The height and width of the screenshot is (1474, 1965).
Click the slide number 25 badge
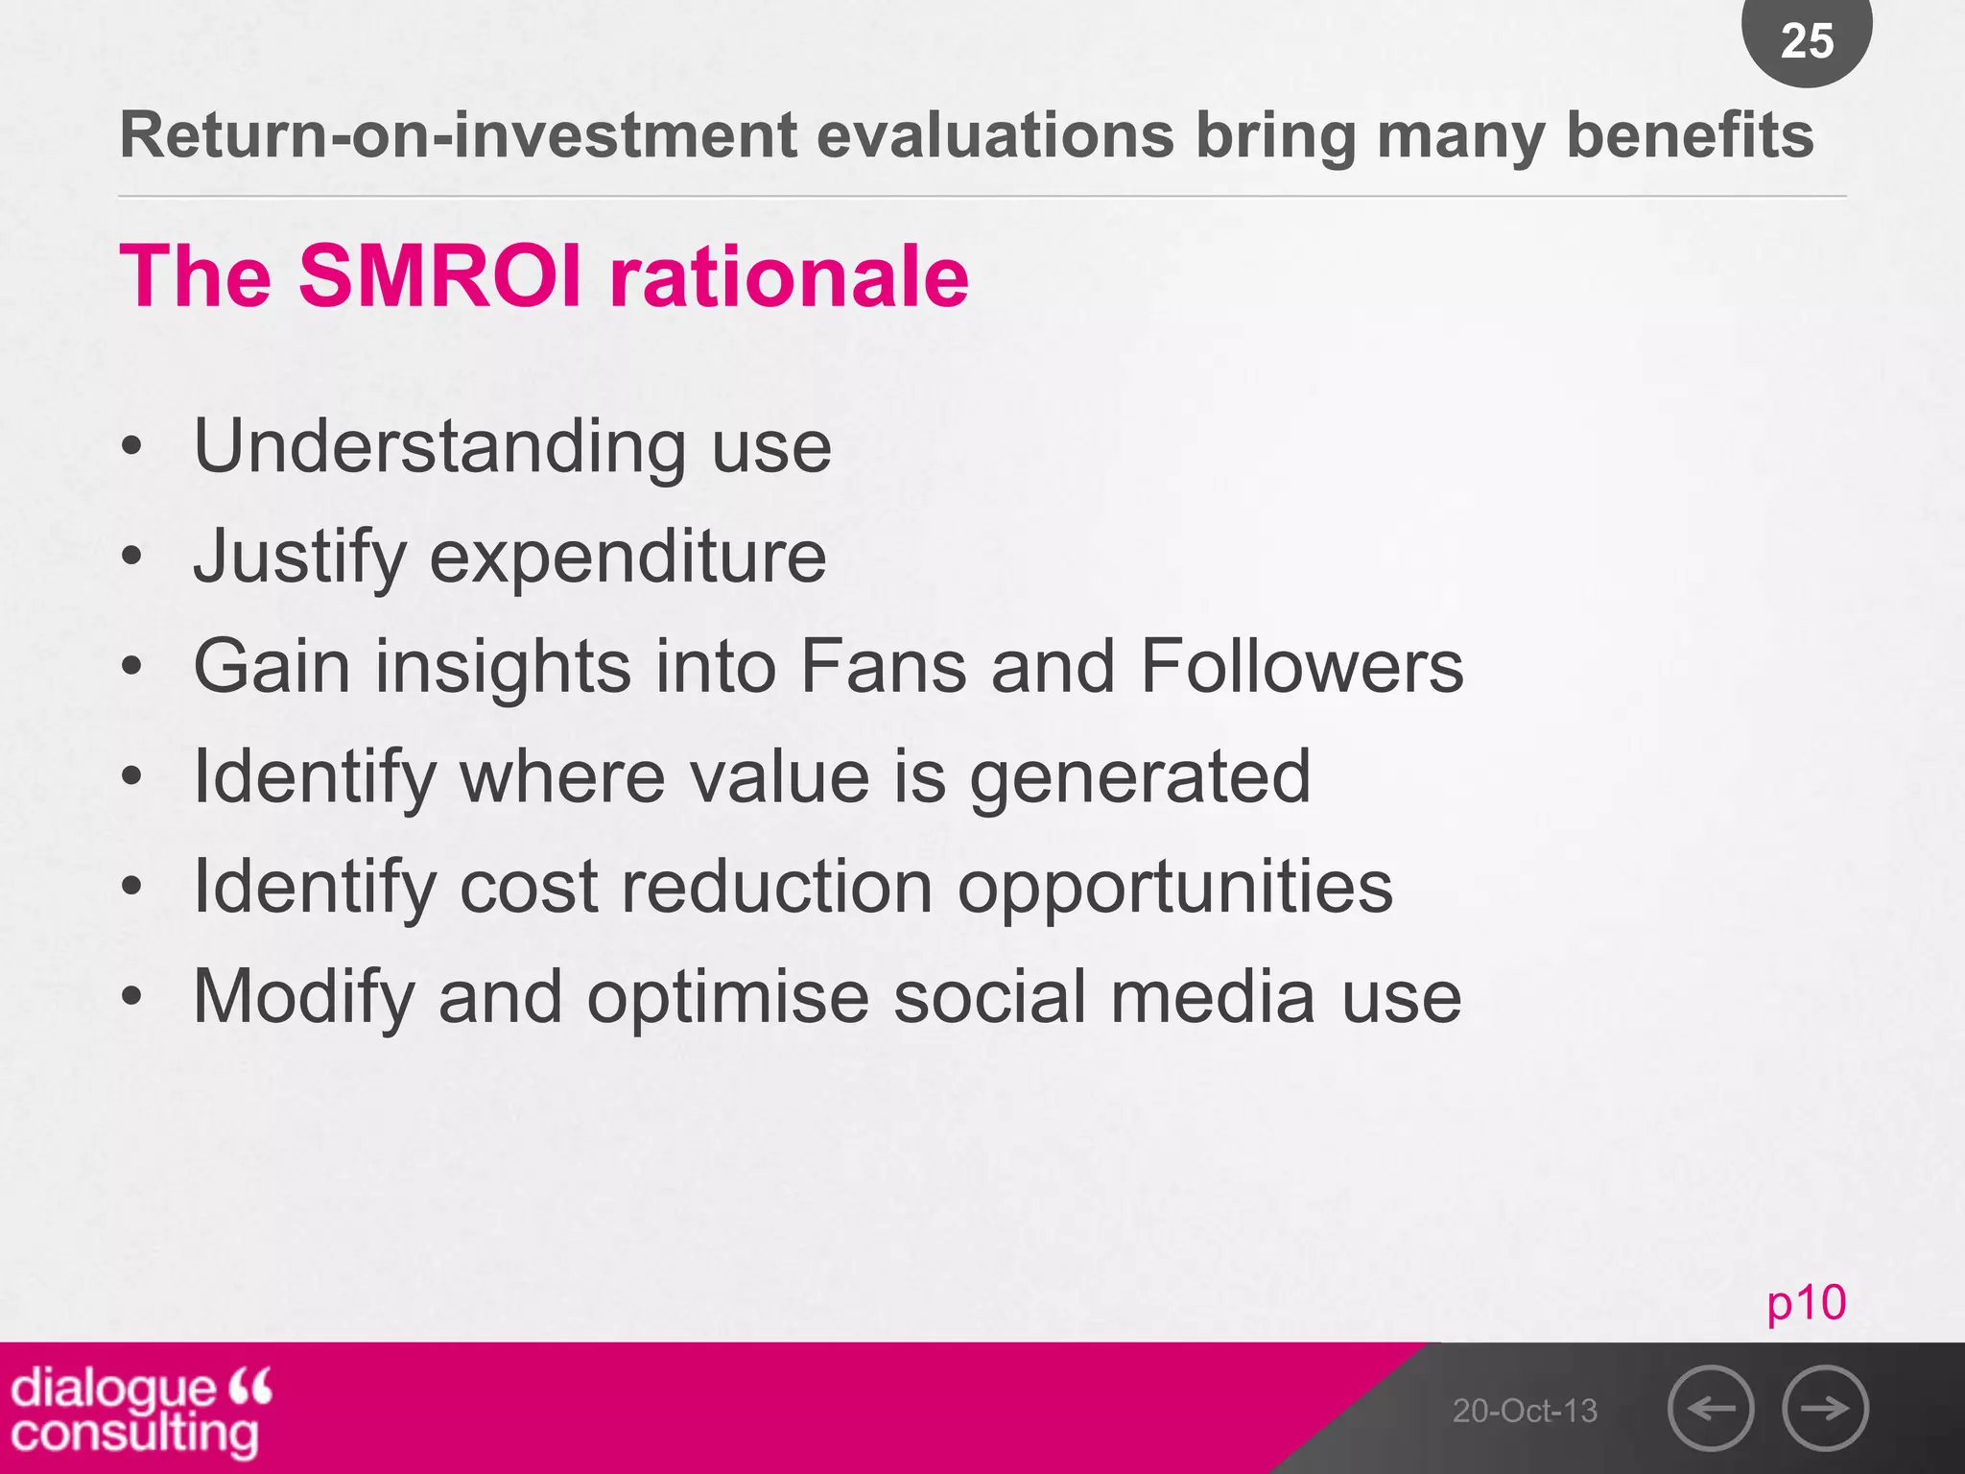point(1807,40)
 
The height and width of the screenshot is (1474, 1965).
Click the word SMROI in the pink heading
point(440,276)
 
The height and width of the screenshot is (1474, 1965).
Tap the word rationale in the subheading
point(789,276)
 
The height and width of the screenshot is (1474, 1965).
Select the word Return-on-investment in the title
point(458,135)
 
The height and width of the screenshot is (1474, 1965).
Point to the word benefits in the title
point(1690,135)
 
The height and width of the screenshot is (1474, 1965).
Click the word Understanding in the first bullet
point(439,447)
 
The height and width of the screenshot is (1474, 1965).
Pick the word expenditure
point(627,558)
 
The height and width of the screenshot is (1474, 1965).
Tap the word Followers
point(1301,666)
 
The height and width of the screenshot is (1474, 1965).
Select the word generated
point(1139,777)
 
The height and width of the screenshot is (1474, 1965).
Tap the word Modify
point(303,998)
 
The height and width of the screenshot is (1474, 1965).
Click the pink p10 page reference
point(1806,1302)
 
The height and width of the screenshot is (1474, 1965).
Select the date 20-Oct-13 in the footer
point(1525,1411)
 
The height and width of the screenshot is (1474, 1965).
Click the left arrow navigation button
point(1711,1408)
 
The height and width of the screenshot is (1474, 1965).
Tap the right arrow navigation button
point(1825,1408)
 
